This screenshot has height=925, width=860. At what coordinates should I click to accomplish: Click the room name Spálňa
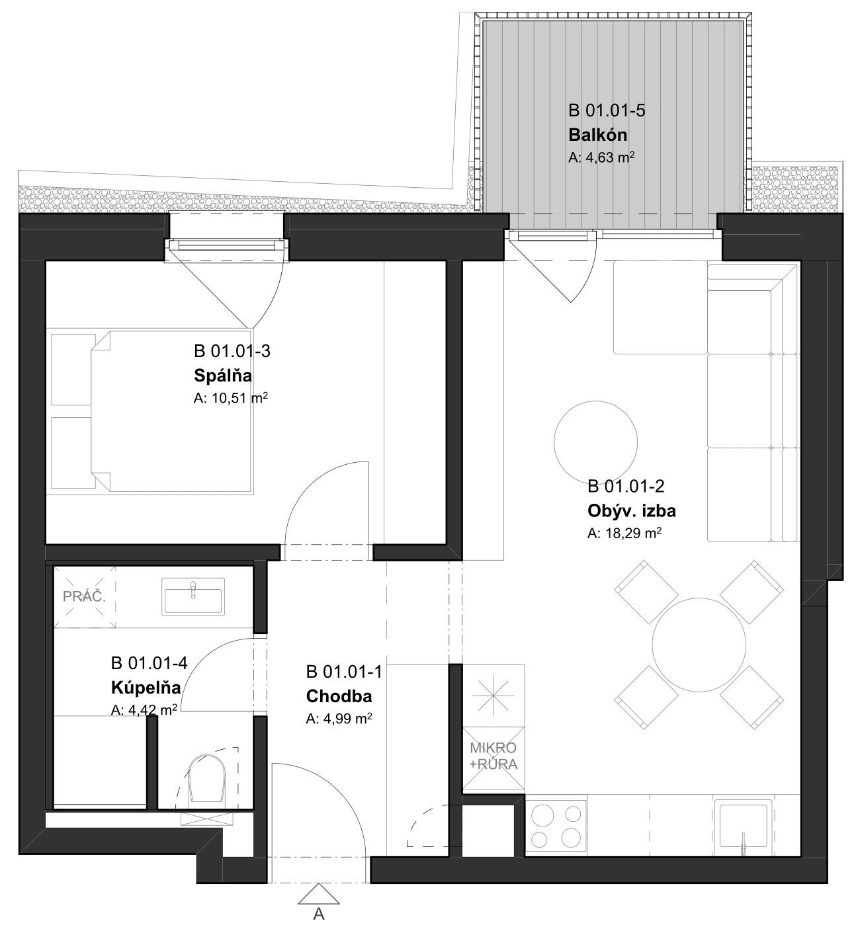(223, 376)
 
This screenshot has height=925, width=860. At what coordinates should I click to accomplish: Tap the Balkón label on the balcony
(597, 135)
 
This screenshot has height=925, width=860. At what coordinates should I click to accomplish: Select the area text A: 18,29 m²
(624, 534)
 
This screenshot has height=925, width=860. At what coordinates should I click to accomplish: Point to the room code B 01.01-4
(149, 663)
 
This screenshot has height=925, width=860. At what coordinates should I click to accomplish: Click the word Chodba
(339, 696)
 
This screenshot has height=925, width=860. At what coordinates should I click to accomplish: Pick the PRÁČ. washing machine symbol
(85, 597)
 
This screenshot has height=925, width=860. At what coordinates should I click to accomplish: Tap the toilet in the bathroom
(208, 780)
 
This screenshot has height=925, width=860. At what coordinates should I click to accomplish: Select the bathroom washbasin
(193, 596)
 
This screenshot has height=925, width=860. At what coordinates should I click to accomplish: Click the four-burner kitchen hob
(556, 826)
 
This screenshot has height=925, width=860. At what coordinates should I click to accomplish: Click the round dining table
(699, 645)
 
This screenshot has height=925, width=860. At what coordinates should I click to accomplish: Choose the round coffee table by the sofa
(595, 442)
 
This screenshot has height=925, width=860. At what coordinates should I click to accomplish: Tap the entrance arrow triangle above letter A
(319, 896)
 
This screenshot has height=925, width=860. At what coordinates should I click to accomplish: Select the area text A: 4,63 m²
(601, 157)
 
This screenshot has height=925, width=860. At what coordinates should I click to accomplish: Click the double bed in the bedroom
(173, 411)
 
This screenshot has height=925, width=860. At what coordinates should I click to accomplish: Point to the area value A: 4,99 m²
(339, 719)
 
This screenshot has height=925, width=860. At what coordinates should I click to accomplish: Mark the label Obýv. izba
(632, 511)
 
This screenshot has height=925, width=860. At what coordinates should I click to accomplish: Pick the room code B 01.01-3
(232, 350)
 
